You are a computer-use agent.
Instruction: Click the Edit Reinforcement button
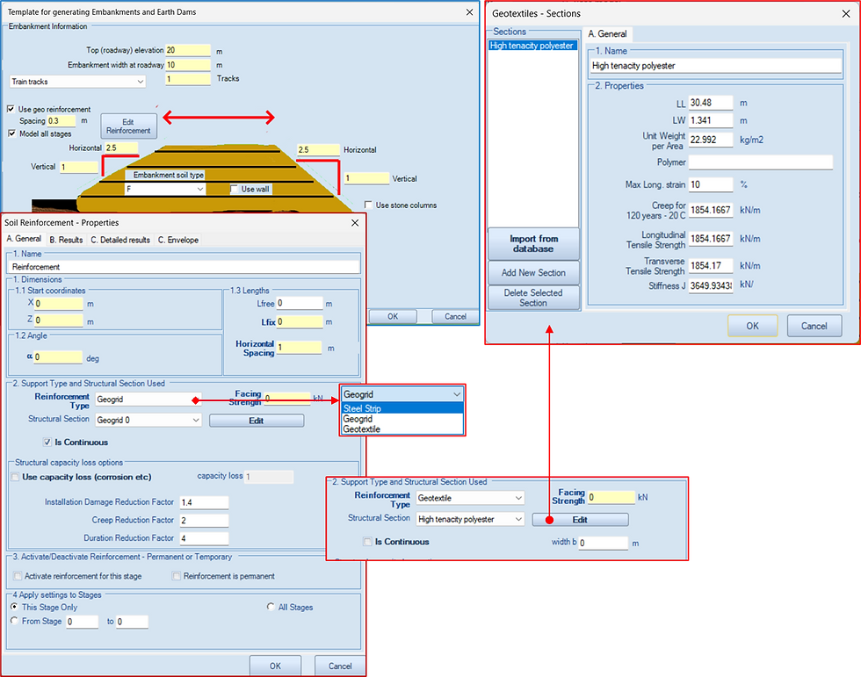(x=128, y=126)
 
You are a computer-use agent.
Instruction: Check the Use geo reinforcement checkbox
(x=11, y=109)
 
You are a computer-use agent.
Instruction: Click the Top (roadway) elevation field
(x=188, y=50)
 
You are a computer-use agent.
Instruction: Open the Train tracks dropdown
(x=78, y=82)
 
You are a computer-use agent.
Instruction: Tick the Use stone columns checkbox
(x=368, y=205)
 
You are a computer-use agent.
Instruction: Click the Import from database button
(x=533, y=243)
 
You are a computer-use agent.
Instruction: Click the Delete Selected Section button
(x=533, y=298)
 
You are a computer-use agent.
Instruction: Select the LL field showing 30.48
(x=711, y=103)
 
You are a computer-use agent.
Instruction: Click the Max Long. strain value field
(x=711, y=185)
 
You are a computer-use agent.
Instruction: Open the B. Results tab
(x=66, y=240)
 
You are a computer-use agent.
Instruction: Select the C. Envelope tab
(x=178, y=240)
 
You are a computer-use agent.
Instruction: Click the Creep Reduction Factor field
(x=204, y=520)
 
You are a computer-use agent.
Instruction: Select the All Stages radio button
(x=271, y=607)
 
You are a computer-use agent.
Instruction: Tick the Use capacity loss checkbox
(x=16, y=477)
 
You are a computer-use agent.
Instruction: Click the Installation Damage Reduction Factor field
(x=204, y=502)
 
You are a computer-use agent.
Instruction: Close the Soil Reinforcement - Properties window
(x=355, y=223)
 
